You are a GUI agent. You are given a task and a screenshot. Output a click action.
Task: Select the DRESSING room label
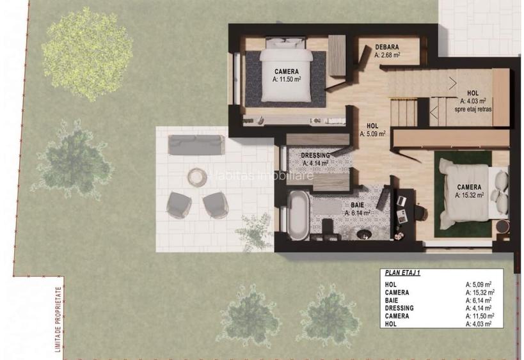pyautogui.click(x=315, y=155)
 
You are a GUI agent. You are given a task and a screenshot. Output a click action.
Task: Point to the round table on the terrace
pyautogui.click(x=196, y=176)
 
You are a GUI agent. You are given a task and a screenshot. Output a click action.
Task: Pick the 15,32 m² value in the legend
pyautogui.click(x=479, y=292)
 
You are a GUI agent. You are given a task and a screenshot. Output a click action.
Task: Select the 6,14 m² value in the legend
pyautogui.click(x=479, y=300)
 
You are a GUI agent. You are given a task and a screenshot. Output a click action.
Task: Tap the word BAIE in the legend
pyautogui.click(x=393, y=300)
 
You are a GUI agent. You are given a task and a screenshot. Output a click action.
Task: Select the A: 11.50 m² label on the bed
pyautogui.click(x=287, y=80)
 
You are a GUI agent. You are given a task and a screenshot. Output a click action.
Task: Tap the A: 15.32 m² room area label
pyautogui.click(x=470, y=196)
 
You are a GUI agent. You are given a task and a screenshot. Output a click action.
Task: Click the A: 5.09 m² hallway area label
pyautogui.click(x=372, y=134)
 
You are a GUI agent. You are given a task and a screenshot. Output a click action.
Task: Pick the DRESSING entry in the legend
pyautogui.click(x=400, y=308)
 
